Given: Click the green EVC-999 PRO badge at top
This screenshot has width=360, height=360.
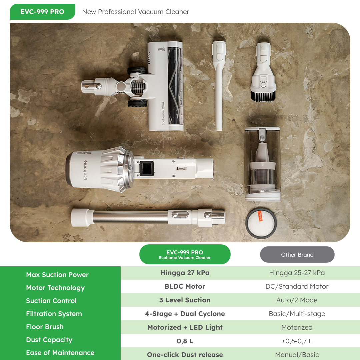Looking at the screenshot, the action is (42, 12).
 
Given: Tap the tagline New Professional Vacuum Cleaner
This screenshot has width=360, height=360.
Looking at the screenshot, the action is (135, 12).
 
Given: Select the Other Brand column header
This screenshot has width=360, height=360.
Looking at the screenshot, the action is (297, 255).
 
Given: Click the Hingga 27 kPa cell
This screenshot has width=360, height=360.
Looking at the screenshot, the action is (185, 273).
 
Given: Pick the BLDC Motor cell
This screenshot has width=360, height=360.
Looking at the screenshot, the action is (185, 286).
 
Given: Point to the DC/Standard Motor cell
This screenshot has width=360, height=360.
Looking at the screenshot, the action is (297, 286).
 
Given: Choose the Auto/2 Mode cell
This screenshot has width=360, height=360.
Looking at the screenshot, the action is (297, 300).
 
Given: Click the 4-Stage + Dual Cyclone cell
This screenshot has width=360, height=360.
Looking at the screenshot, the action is (185, 314).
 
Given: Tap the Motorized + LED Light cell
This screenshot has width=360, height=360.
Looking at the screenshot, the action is (185, 327).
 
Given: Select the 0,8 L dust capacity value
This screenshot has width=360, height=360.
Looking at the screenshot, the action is (185, 341).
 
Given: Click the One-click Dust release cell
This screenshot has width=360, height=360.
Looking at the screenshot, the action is (185, 355).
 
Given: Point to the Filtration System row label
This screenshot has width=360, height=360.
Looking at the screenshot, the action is (54, 314).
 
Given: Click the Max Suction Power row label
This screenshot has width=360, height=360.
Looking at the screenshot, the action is (57, 275).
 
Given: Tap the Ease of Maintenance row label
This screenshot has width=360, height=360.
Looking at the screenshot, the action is (60, 353).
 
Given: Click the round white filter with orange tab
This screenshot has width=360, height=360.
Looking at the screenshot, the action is (261, 223).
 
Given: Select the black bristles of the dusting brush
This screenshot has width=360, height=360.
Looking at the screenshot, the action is (263, 96).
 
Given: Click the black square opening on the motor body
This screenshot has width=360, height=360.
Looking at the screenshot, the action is (146, 169).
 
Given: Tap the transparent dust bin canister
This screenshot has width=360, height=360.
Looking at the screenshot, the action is (263, 164).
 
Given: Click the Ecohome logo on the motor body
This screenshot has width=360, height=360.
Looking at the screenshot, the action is (85, 170).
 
